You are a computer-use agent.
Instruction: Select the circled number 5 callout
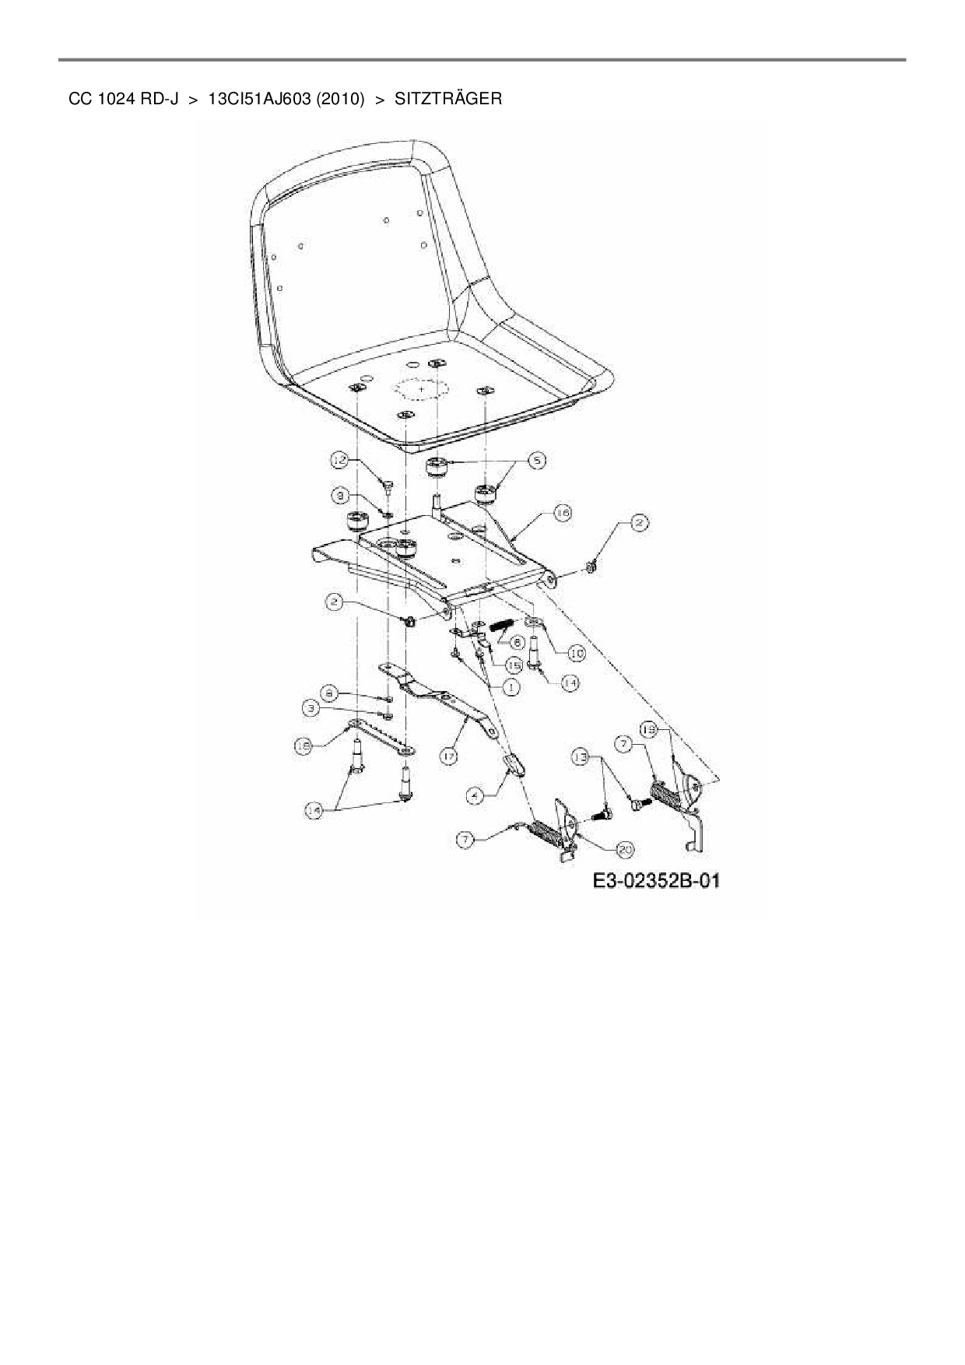[535, 461]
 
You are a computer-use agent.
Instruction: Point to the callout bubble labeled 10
[576, 654]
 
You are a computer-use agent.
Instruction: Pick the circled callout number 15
[514, 666]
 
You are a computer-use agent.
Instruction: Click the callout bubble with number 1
[511, 687]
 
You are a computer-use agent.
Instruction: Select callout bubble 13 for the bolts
[580, 756]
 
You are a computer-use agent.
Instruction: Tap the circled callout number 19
[649, 729]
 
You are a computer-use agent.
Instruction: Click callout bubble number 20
[624, 847]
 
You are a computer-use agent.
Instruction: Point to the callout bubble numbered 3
[311, 708]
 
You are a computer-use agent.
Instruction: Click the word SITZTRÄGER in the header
[447, 99]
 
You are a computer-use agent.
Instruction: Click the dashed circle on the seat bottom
[421, 388]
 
